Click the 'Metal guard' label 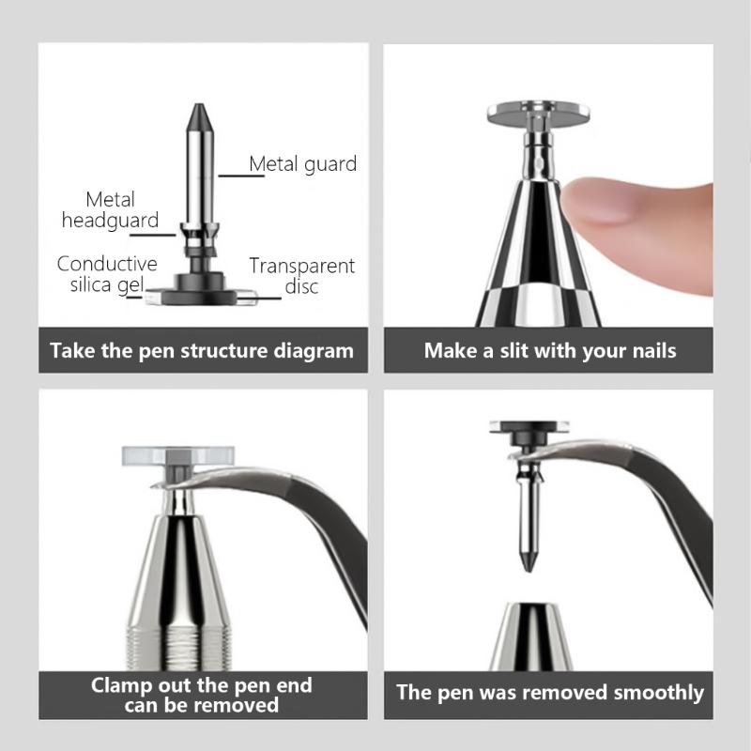(302, 164)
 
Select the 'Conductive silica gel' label (106, 275)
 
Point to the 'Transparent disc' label (301, 276)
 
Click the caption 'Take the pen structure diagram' (202, 351)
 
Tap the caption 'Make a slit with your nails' (549, 351)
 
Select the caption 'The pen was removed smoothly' (549, 693)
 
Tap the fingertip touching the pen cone (601, 202)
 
